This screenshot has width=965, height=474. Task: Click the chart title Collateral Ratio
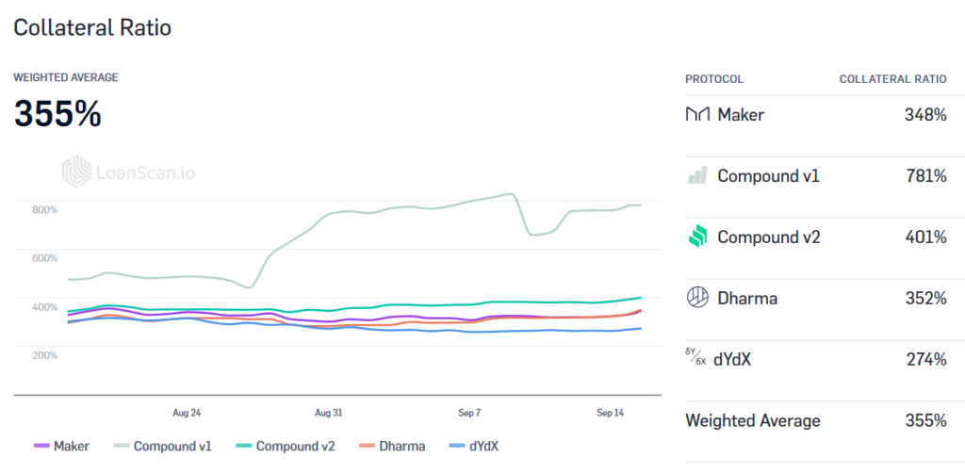click(x=92, y=27)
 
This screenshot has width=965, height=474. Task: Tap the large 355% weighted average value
click(x=57, y=114)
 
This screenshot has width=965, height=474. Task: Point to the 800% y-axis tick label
click(x=45, y=209)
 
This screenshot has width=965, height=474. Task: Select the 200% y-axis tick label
click(x=45, y=355)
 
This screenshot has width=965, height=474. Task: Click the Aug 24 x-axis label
click(x=187, y=413)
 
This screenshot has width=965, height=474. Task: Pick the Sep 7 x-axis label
click(x=469, y=413)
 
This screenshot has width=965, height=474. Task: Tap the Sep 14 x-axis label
click(x=611, y=413)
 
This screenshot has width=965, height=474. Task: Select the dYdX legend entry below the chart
click(x=477, y=446)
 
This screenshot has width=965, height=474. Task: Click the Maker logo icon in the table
click(x=697, y=115)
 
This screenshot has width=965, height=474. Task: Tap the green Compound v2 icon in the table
click(x=697, y=237)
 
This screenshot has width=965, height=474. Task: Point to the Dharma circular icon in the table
click(x=697, y=298)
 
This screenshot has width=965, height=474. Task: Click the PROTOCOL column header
click(x=714, y=79)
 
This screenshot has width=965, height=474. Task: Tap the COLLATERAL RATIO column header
click(x=892, y=79)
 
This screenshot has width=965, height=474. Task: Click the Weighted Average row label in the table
click(x=752, y=420)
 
